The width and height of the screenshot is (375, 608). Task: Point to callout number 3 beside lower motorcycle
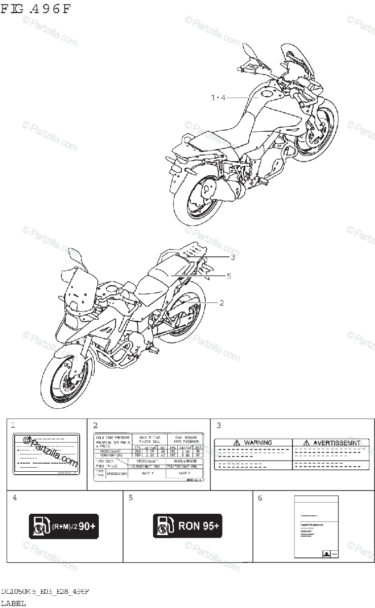pos(232,257)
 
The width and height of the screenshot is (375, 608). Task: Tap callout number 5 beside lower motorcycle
pos(229,276)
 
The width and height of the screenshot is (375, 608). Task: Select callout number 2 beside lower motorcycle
pos(221,302)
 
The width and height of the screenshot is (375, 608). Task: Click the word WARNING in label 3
pos(258,442)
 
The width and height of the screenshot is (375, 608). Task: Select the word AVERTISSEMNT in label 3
pos(336,442)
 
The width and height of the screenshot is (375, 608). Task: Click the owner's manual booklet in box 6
pos(315,526)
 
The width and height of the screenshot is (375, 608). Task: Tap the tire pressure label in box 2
pos(148,457)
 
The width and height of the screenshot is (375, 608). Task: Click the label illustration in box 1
pos(46,453)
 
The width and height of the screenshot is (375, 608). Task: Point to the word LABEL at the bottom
pos(13,603)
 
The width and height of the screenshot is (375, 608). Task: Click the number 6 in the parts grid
pos(260,498)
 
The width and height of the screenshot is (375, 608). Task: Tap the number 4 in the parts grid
pos(15,498)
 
